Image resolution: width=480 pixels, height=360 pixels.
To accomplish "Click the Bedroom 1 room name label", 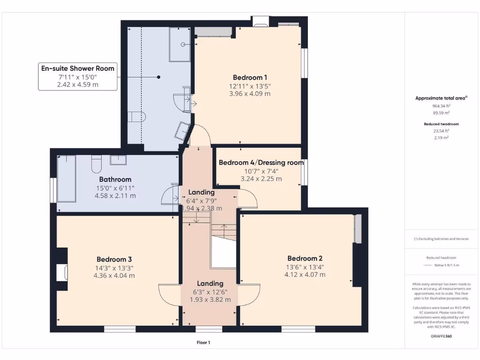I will click(250, 77).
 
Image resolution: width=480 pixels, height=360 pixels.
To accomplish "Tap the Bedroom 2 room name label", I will click(305, 258).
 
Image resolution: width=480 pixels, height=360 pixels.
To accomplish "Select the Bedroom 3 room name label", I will click(114, 259).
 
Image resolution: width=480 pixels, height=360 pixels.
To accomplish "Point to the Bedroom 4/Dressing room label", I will click(261, 163).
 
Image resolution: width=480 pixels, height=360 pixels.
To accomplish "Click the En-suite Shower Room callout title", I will click(77, 68).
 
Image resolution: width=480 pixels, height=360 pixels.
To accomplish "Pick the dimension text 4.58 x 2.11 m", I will click(115, 195).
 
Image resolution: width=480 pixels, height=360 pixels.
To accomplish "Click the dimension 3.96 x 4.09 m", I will click(250, 94).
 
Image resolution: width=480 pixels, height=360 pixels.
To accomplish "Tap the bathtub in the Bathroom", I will click(66, 179).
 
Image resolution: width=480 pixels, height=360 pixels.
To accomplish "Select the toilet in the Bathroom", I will click(97, 163).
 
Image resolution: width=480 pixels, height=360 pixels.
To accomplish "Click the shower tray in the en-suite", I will click(180, 45).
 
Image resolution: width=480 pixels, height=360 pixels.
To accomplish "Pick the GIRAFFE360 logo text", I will click(442, 336).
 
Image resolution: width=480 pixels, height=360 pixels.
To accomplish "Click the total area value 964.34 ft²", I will click(442, 106).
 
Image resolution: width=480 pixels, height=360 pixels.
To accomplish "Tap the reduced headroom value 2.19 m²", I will click(442, 138).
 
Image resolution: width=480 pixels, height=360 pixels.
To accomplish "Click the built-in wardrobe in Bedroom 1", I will click(213, 32).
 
